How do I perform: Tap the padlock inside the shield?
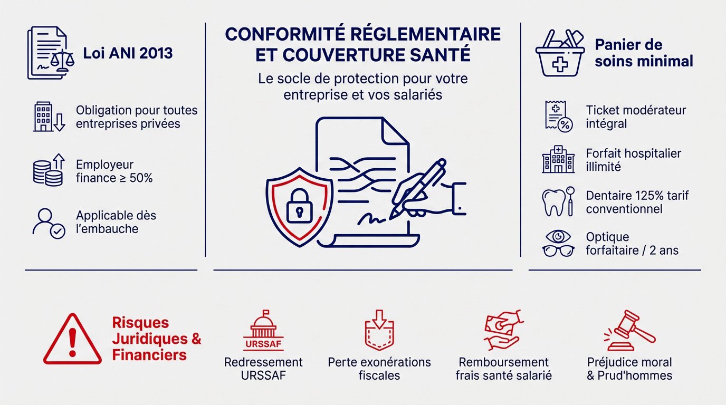coord(300,206)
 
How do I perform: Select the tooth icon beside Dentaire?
coord(554,202)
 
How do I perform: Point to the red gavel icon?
coord(629,331)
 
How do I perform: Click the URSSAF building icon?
coord(263,331)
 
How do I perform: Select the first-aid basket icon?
coord(560,53)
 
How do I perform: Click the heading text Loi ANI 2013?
coord(128,53)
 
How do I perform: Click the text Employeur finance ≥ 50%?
coord(114,171)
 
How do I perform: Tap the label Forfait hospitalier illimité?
coord(633,160)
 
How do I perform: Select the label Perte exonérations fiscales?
coord(379,369)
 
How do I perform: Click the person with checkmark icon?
coord(49,224)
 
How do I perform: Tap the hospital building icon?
coord(558,159)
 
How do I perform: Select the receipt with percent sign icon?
coord(559,117)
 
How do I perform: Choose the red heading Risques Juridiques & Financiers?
coord(157,339)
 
